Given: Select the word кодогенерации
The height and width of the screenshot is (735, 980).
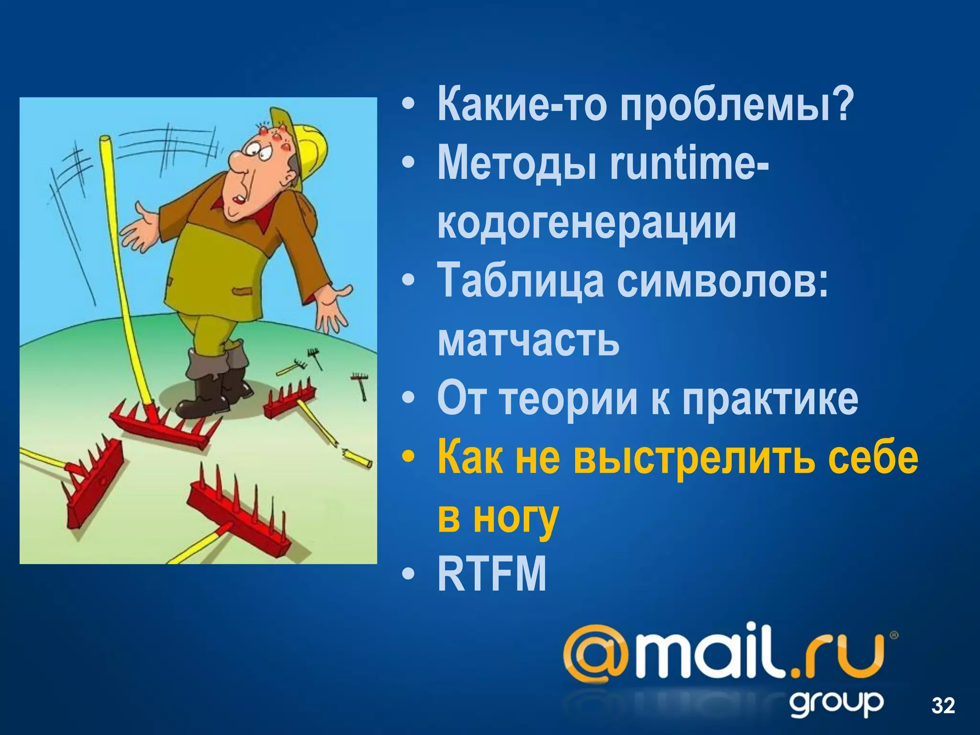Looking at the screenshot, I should coord(587,223).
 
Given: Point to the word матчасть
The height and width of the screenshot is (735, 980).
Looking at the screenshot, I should coord(528,340).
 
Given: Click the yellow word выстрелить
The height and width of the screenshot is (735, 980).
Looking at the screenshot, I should coord(694,458).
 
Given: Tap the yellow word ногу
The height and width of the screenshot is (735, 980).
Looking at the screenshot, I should coord(516,517).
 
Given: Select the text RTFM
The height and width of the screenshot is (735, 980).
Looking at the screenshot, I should coord(492,574).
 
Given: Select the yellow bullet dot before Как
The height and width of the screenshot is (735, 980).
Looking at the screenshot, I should coord(407,458).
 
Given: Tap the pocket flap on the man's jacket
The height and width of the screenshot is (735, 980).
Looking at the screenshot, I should coord(242,290).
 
